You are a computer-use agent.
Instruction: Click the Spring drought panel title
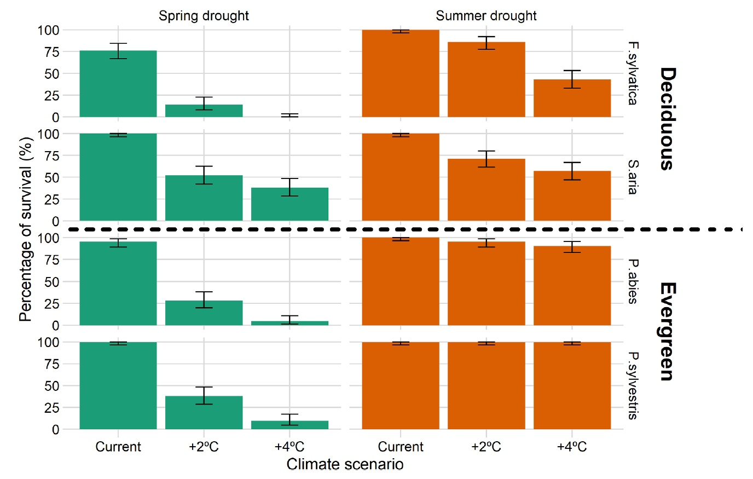point(204,16)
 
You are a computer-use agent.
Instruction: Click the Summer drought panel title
point(486,16)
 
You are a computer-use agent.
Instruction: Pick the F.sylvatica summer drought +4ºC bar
point(572,99)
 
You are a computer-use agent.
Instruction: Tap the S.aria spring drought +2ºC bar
point(204,198)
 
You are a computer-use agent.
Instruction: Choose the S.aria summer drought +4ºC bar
point(572,196)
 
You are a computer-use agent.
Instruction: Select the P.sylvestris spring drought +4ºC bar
point(289,425)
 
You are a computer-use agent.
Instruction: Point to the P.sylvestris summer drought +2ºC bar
point(486,386)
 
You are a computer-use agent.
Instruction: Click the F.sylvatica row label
point(633,73)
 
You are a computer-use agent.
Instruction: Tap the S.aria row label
point(633,177)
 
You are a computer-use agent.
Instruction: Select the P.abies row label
point(633,281)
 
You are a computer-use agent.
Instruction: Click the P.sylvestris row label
point(633,385)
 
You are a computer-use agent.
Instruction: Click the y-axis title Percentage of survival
point(26,229)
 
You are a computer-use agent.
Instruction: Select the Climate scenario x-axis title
point(345,465)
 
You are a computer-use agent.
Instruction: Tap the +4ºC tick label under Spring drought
point(289,447)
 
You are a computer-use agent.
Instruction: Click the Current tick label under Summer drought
point(401,447)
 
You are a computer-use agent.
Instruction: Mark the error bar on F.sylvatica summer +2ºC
point(486,43)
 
